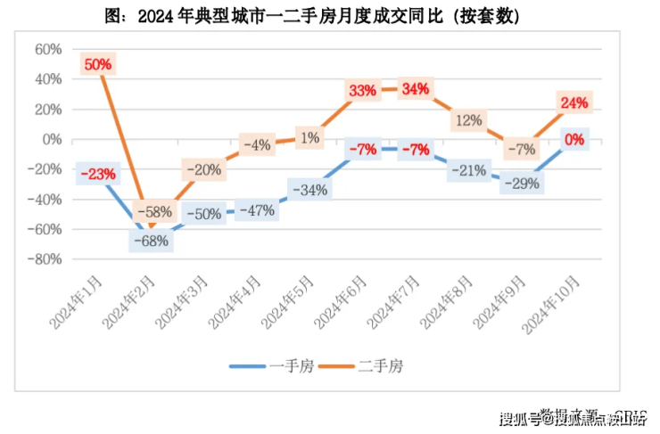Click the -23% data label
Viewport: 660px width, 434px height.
96,174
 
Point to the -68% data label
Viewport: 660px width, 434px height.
151,241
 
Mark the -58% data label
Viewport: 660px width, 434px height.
153,213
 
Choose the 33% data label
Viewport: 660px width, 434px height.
362,90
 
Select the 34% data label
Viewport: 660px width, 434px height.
416,89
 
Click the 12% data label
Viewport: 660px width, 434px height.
468,119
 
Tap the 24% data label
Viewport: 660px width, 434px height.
574,102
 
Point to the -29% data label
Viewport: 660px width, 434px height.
521,183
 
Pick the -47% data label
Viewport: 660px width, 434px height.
257,210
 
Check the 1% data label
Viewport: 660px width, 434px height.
309,138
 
